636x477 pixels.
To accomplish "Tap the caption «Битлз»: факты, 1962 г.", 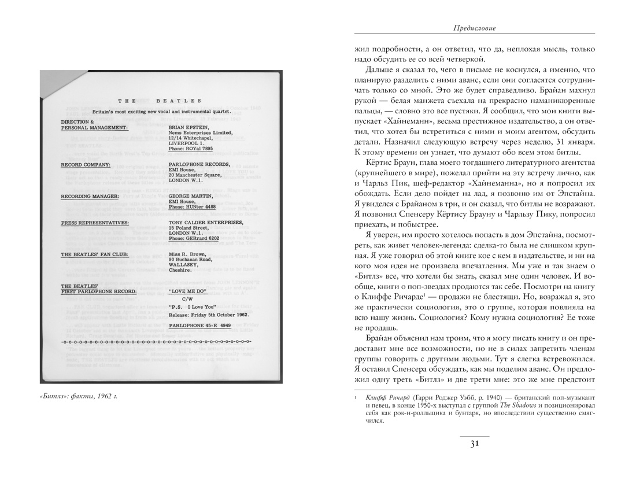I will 83,396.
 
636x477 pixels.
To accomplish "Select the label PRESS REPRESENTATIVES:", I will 95,222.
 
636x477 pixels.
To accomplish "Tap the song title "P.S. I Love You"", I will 192,307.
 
